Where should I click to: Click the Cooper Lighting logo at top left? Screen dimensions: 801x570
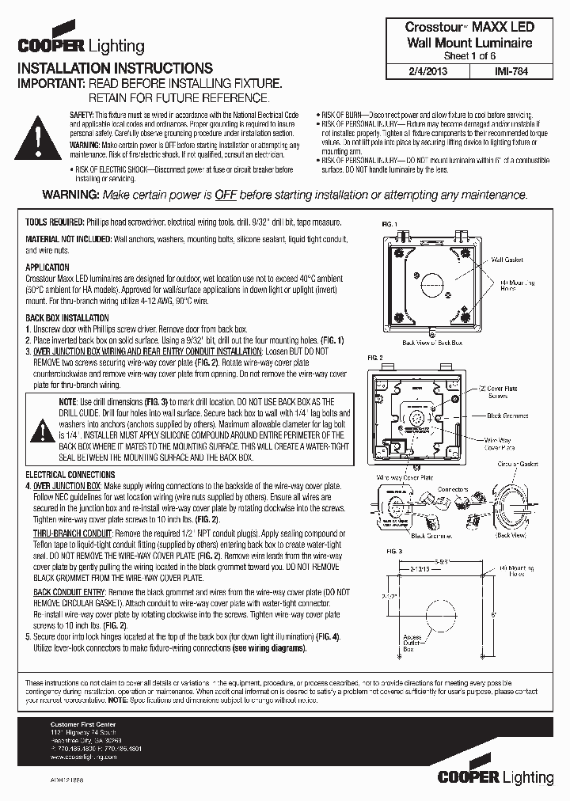coord(81,45)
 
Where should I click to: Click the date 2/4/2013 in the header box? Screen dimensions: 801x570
coord(433,70)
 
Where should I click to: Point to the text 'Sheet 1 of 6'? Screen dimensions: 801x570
coord(469,56)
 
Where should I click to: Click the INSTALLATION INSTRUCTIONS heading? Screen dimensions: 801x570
coord(115,69)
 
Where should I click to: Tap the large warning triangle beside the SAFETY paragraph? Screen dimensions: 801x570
coord(38,138)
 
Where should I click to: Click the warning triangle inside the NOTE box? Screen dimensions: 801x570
coord(38,430)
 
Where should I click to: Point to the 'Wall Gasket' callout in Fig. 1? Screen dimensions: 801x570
coord(507,260)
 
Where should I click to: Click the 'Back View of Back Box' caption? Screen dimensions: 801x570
coord(432,344)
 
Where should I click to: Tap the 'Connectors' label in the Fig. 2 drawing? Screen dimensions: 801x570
coord(454,490)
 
